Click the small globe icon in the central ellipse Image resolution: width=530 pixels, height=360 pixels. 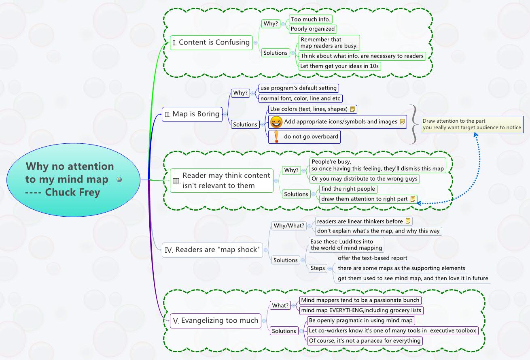tap(119, 179)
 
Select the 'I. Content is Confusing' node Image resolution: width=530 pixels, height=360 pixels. tap(211, 43)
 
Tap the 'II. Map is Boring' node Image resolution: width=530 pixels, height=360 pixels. tap(192, 114)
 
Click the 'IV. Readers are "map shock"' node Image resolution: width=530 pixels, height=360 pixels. tap(212, 250)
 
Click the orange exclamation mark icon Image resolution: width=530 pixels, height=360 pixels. tap(276, 136)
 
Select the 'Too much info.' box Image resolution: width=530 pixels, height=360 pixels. tap(311, 19)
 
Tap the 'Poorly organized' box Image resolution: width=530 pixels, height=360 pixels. tap(312, 29)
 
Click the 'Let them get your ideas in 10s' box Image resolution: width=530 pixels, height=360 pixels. tap(339, 66)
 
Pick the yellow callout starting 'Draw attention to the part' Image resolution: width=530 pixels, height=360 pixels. tap(472, 124)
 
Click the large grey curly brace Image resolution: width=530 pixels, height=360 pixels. tap(413, 124)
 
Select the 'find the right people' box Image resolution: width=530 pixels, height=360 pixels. tap(348, 189)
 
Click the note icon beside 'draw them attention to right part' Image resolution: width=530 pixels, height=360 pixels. tap(413, 199)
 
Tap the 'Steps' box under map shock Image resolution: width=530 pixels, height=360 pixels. tap(318, 268)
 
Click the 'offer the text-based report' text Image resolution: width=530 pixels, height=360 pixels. tap(372, 258)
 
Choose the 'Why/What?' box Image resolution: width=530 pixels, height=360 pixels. tap(288, 226)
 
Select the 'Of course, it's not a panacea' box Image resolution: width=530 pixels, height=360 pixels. tap(364, 341)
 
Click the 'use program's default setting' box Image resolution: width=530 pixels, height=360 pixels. tap(298, 88)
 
